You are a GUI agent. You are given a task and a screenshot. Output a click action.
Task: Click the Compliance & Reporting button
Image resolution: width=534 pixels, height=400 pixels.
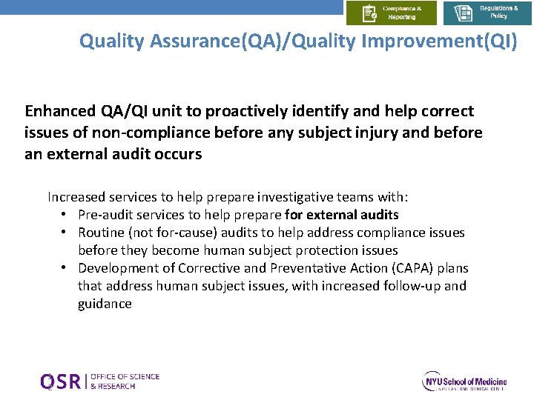391,13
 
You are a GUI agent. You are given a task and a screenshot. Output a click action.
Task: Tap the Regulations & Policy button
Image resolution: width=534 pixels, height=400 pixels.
487,13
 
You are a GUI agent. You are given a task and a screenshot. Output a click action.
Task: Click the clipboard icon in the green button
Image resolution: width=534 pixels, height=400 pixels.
369,13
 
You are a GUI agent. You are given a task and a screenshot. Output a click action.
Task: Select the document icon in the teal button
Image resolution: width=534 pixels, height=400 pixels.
464,13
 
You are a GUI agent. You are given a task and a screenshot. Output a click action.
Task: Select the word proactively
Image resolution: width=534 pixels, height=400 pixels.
249,111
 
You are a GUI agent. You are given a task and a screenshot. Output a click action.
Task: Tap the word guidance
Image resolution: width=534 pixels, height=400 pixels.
105,304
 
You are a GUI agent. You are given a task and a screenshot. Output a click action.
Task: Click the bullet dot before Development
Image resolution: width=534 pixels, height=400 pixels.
65,268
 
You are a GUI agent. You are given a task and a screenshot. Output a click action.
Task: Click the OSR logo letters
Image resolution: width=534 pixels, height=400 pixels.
62,381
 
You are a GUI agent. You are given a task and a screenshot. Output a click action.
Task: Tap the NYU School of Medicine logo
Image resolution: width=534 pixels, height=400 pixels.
464,381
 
